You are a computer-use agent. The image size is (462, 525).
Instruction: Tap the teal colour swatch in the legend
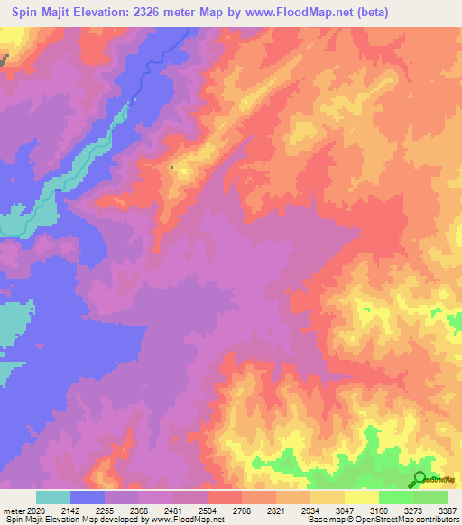click(53, 497)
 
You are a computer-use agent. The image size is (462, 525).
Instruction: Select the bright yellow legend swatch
click(362, 497)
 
